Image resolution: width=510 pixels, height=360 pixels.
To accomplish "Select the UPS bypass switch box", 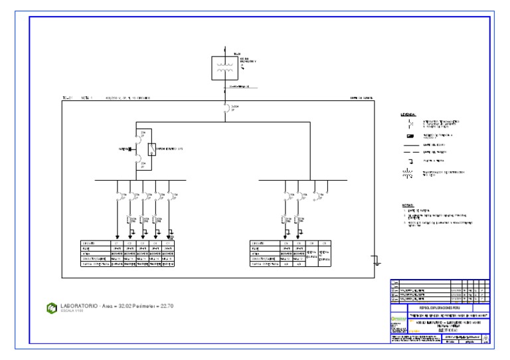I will (x=152, y=149).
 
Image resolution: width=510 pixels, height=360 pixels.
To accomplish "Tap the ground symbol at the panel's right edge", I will (x=377, y=260).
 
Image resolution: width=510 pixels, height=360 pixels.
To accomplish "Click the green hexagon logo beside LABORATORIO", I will (x=51, y=307).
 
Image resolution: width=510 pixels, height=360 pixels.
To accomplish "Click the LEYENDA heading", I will (x=408, y=115).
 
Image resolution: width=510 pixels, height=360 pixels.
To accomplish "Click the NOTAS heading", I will (x=407, y=205).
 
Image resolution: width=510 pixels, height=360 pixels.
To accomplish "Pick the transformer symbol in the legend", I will (x=408, y=175).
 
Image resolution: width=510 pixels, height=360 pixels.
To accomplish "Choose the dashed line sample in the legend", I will (x=408, y=152).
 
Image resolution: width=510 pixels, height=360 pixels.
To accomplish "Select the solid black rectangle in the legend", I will (x=408, y=135).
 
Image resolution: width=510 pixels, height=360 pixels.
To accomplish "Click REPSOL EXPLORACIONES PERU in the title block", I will (x=439, y=309).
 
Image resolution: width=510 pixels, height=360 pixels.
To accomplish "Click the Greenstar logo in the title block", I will (x=398, y=321).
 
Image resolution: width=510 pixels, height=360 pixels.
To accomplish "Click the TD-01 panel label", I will (x=67, y=98).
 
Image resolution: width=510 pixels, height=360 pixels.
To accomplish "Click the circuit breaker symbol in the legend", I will (x=408, y=123).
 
